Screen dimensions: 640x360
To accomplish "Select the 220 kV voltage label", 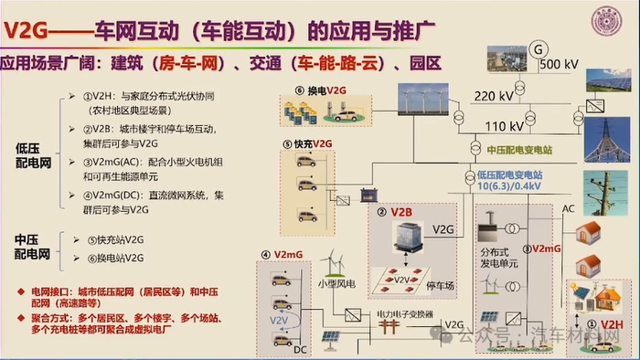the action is click(494, 94).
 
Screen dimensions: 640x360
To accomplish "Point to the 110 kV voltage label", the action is click(503, 125).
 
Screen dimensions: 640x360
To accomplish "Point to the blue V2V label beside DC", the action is click(278, 321).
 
